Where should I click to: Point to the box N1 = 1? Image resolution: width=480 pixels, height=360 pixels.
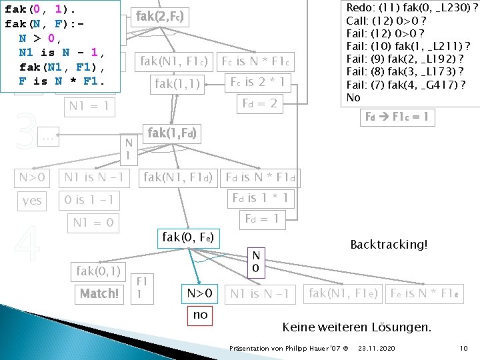tap(90, 107)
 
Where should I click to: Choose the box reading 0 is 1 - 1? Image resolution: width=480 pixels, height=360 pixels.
tap(89, 200)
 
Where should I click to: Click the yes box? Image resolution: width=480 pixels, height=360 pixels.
tap(31, 200)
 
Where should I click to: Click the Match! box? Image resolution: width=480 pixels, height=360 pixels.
tap(99, 293)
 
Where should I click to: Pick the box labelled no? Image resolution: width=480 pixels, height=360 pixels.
tap(200, 315)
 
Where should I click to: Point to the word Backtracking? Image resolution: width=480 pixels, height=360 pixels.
tap(388, 244)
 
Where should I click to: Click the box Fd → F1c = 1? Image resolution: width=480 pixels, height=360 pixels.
tap(397, 118)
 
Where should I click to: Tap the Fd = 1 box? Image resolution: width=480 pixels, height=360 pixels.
tap(261, 218)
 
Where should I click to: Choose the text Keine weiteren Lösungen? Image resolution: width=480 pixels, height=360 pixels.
tap(357, 327)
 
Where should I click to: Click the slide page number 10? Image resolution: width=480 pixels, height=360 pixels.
tap(464, 349)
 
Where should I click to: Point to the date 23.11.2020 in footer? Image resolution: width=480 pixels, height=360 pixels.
tap(375, 349)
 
